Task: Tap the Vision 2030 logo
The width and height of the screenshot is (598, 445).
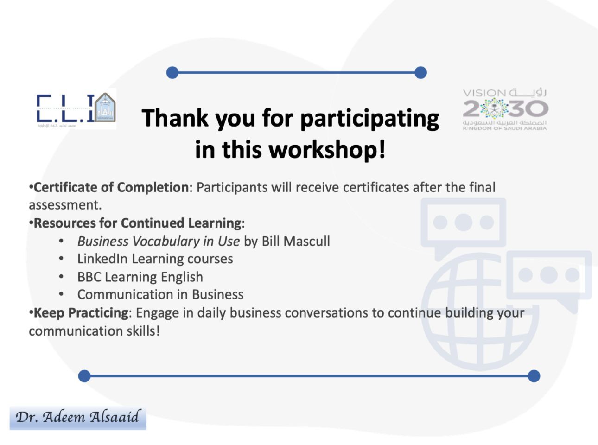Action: [505, 110]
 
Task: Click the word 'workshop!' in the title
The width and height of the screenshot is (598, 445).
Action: [327, 149]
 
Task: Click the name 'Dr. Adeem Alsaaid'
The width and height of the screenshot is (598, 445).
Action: [78, 417]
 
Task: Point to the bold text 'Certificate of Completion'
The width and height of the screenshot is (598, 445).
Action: [112, 187]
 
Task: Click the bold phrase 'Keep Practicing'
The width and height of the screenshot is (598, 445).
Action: [81, 313]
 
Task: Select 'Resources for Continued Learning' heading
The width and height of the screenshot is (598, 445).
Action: [138, 223]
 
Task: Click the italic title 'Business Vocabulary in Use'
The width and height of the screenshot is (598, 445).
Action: [159, 241]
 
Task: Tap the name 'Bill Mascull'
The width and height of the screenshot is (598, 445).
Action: [296, 241]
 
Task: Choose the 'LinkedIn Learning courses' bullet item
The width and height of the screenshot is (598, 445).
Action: [155, 259]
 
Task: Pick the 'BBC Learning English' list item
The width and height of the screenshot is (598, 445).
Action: [140, 277]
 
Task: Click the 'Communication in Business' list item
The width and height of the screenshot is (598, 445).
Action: [160, 294]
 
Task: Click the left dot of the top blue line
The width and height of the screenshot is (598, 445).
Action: [172, 73]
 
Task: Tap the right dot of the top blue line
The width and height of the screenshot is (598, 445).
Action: [420, 73]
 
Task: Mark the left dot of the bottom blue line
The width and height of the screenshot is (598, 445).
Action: [84, 376]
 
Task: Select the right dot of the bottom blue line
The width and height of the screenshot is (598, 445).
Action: [534, 376]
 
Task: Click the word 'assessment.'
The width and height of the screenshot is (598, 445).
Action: [65, 205]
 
